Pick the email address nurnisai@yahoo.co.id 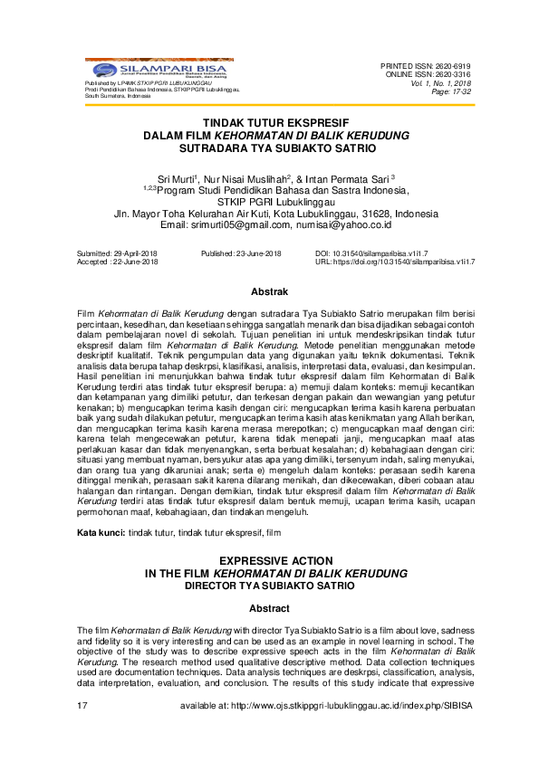pyautogui.click(x=343, y=224)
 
